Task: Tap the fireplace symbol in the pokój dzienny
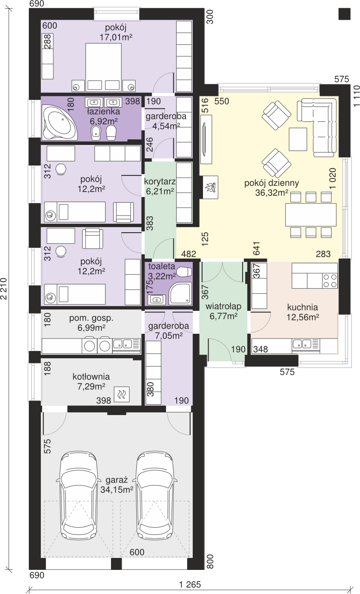(x=210, y=187)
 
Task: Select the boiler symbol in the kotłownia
(x=122, y=394)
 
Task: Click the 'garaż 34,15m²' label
(x=117, y=484)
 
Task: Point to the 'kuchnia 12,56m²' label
(x=302, y=312)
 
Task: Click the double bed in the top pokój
(x=103, y=68)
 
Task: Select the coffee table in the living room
(x=298, y=139)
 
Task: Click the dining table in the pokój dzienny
(x=311, y=215)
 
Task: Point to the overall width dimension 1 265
(x=190, y=585)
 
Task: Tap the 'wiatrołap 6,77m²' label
(x=223, y=311)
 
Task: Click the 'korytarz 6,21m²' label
(x=160, y=186)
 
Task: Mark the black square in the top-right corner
(x=345, y=13)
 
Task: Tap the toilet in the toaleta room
(x=184, y=271)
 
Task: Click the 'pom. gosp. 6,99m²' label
(x=91, y=323)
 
